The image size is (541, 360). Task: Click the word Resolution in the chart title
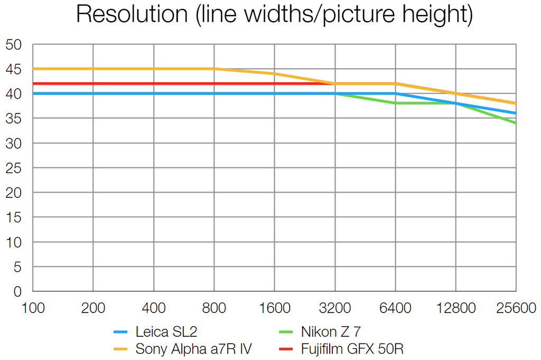click(132, 14)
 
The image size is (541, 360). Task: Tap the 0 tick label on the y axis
click(17, 291)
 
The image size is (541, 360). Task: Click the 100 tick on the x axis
click(33, 308)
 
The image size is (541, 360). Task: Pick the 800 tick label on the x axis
click(214, 308)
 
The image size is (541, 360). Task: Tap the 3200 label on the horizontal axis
click(335, 308)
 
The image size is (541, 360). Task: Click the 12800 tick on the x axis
click(455, 308)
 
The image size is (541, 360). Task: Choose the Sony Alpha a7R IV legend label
click(193, 348)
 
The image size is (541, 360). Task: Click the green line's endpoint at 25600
click(516, 123)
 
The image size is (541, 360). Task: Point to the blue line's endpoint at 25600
click(516, 113)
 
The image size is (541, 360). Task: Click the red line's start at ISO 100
click(33, 83)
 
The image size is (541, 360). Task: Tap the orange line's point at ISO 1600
click(275, 74)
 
